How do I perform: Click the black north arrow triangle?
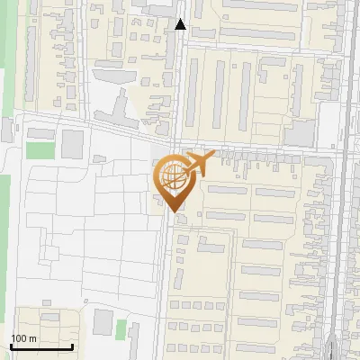point(181,24)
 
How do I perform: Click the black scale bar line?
point(41,346)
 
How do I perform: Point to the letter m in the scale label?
point(32,338)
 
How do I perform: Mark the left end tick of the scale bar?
point(11,345)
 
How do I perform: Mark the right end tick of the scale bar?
point(72,345)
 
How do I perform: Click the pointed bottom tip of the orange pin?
point(172,212)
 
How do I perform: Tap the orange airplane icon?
point(199,164)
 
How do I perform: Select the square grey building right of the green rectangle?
point(72,144)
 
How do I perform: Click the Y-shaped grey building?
point(116,112)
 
